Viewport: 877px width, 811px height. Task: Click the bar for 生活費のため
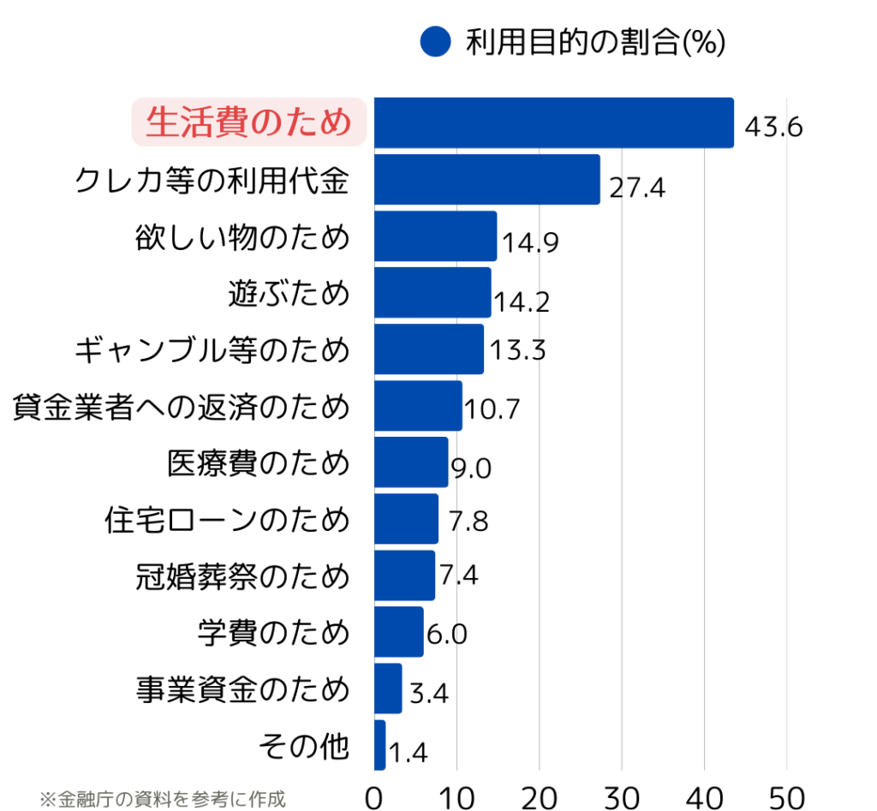click(553, 123)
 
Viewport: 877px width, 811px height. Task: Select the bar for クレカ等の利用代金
click(486, 180)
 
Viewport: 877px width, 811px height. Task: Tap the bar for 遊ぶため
click(433, 293)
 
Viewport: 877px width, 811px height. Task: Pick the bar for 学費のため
click(399, 632)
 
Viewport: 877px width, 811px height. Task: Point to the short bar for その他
click(380, 745)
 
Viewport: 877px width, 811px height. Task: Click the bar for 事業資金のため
click(388, 689)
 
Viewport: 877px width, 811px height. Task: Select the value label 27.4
click(637, 188)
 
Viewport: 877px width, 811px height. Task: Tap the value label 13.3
click(518, 350)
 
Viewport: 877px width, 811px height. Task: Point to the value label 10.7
click(492, 409)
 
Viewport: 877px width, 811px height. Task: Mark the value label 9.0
click(470, 468)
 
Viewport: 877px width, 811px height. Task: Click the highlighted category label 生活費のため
click(248, 122)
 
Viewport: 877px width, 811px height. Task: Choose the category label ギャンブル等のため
click(212, 350)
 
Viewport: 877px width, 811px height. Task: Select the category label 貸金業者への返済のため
click(181, 407)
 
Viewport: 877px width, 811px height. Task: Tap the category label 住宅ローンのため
click(226, 520)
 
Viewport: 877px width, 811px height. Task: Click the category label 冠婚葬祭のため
click(242, 576)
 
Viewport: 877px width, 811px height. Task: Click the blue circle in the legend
click(435, 41)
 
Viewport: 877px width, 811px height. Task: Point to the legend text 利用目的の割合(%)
click(595, 42)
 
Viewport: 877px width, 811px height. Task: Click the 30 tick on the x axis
click(622, 796)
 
